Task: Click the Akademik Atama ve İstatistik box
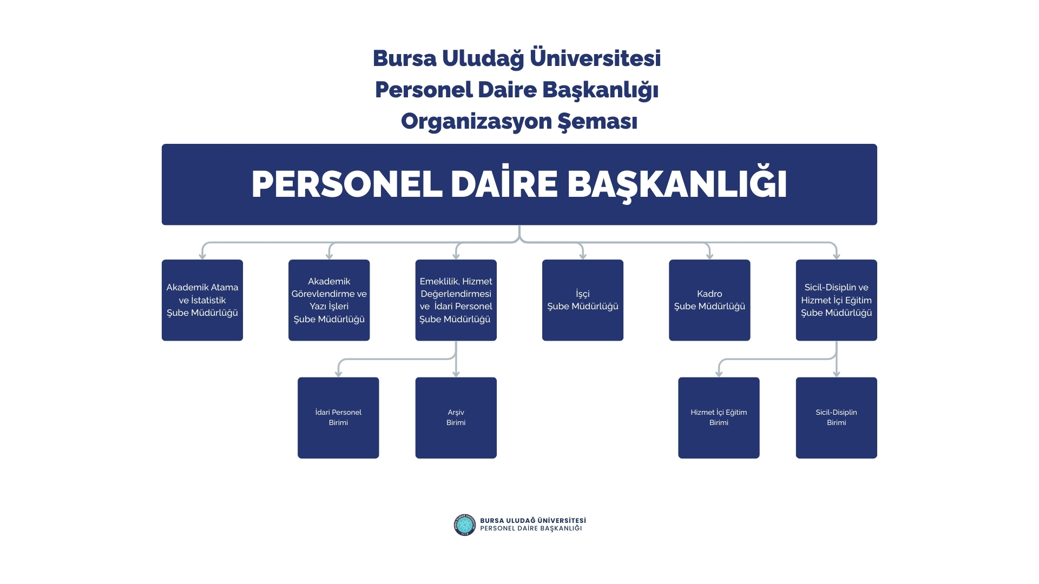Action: [x=202, y=300]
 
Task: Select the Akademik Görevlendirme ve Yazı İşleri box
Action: [x=329, y=300]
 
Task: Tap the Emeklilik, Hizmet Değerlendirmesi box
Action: [x=456, y=300]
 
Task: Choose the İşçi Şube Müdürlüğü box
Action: [x=583, y=300]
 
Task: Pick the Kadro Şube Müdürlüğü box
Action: [x=709, y=300]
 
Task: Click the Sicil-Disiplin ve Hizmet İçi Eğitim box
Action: [x=836, y=300]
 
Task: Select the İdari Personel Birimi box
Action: [x=338, y=417]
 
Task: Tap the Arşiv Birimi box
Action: [x=456, y=417]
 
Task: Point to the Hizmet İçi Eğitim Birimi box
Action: [x=719, y=417]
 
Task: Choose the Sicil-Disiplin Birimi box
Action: [x=836, y=417]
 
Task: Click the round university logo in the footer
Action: [x=464, y=525]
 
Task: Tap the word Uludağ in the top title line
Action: [x=483, y=58]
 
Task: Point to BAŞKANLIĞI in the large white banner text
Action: [x=677, y=184]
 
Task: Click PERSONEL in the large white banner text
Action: [x=347, y=184]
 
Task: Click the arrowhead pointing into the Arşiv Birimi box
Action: [x=456, y=374]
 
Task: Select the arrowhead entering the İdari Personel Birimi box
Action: [x=338, y=374]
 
